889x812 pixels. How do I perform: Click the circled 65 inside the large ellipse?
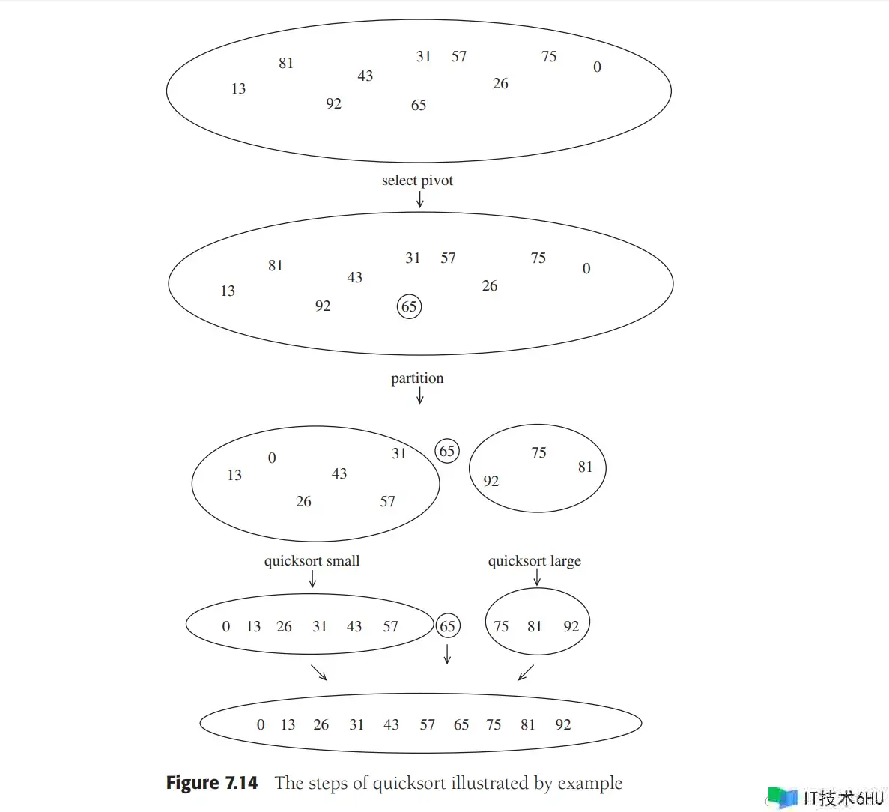point(409,306)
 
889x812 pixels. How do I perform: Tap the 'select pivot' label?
point(417,181)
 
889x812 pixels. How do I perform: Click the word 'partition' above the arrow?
point(417,378)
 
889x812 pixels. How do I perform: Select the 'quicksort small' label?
point(312,561)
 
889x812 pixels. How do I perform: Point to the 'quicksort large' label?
point(534,561)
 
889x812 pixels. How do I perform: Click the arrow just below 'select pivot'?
point(420,199)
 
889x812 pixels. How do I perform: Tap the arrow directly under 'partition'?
point(420,396)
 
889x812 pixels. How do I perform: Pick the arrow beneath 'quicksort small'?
point(312,579)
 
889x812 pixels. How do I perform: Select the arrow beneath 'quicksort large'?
point(537,578)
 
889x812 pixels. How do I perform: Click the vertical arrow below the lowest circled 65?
point(447,654)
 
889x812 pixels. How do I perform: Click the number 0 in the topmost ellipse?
point(597,67)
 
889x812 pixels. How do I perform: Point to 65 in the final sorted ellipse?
point(461,725)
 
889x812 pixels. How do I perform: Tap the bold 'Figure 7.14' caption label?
point(212,784)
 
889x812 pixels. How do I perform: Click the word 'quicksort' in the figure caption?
point(409,784)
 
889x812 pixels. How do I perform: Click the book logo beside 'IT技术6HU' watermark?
point(782,797)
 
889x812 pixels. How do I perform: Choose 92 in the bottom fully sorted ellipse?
point(563,725)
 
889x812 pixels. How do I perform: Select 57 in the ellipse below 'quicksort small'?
point(390,627)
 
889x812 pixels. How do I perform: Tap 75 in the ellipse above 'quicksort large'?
point(538,453)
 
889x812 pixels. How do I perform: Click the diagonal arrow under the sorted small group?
point(319,672)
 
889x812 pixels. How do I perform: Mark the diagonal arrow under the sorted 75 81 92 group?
point(526,673)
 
